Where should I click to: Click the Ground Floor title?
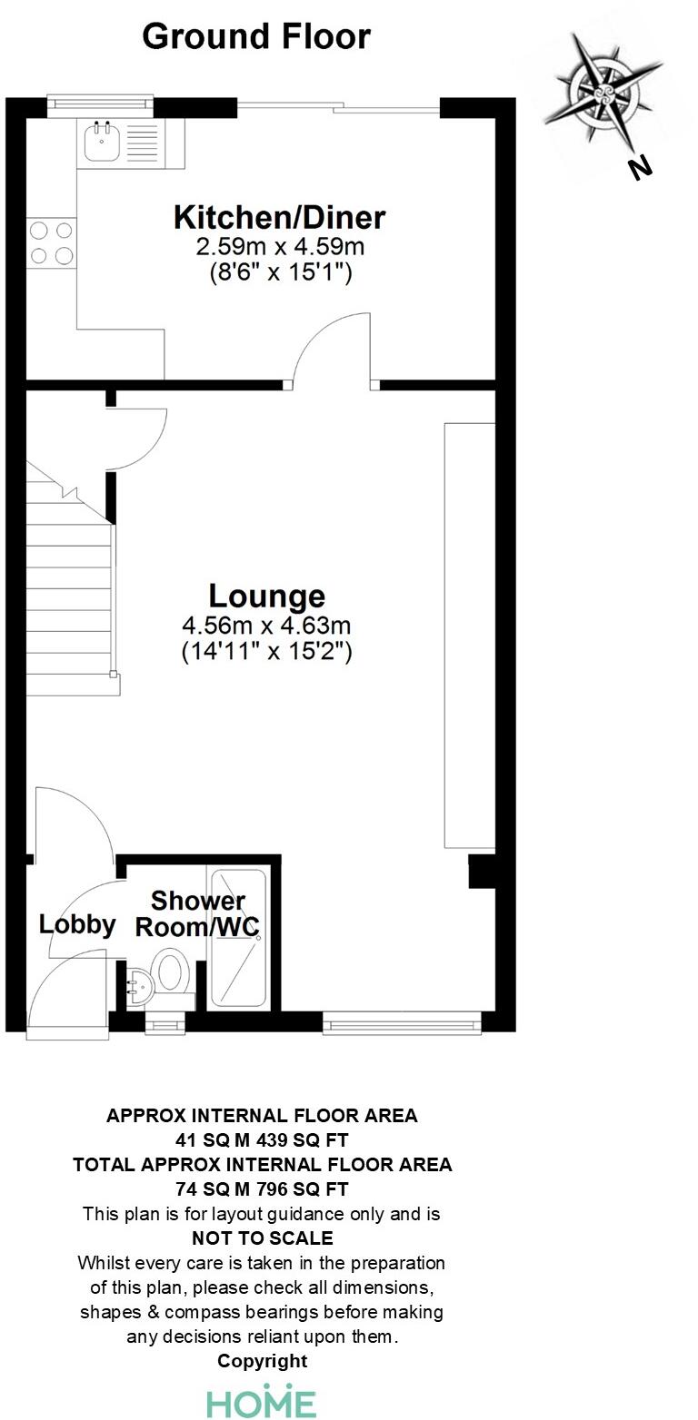[x=256, y=37]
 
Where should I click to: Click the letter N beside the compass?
[x=641, y=167]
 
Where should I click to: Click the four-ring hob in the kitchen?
[x=51, y=242]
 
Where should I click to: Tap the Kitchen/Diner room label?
[x=279, y=218]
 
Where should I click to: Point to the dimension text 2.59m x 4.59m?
[x=280, y=246]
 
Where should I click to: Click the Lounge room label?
[x=267, y=597]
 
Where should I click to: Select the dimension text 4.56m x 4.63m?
[x=267, y=626]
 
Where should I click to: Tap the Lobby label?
[x=77, y=924]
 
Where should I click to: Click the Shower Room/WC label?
[x=198, y=914]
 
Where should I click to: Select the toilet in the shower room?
[x=170, y=971]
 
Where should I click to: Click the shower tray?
[x=237, y=939]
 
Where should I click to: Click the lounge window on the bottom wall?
[x=402, y=1025]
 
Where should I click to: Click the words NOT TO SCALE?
[x=263, y=1238]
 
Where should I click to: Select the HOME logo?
[x=262, y=1402]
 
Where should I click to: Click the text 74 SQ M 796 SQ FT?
[x=263, y=1188]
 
